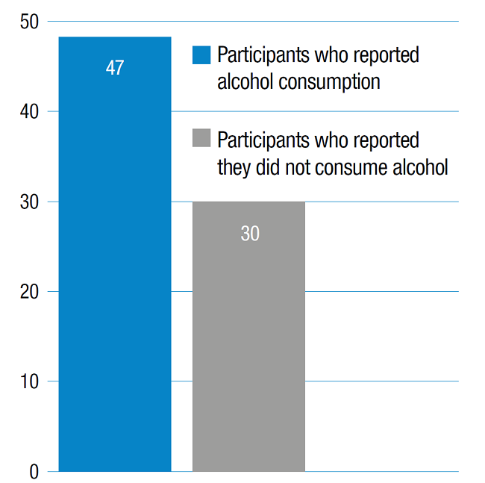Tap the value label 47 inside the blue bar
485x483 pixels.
coord(115,69)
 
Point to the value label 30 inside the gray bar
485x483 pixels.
coord(250,234)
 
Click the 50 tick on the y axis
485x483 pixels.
coord(30,22)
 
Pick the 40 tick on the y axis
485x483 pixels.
coord(30,112)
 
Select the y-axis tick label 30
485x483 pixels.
coord(30,202)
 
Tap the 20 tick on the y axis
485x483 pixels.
coord(30,292)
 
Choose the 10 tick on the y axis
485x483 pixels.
coord(30,381)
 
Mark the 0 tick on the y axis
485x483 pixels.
coord(34,472)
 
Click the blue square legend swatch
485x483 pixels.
coord(201,56)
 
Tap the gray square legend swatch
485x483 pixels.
coord(201,139)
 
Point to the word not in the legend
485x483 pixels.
coord(298,167)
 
